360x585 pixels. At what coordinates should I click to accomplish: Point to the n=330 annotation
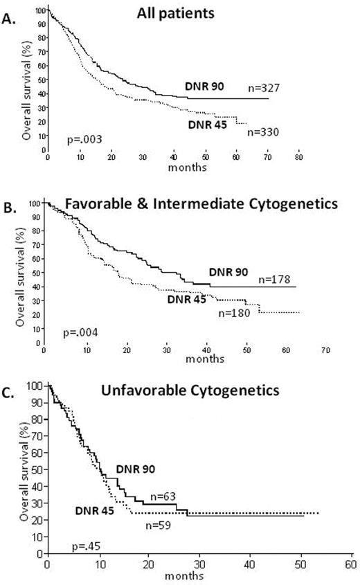coord(263,132)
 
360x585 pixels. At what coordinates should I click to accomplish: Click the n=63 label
coord(161,496)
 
